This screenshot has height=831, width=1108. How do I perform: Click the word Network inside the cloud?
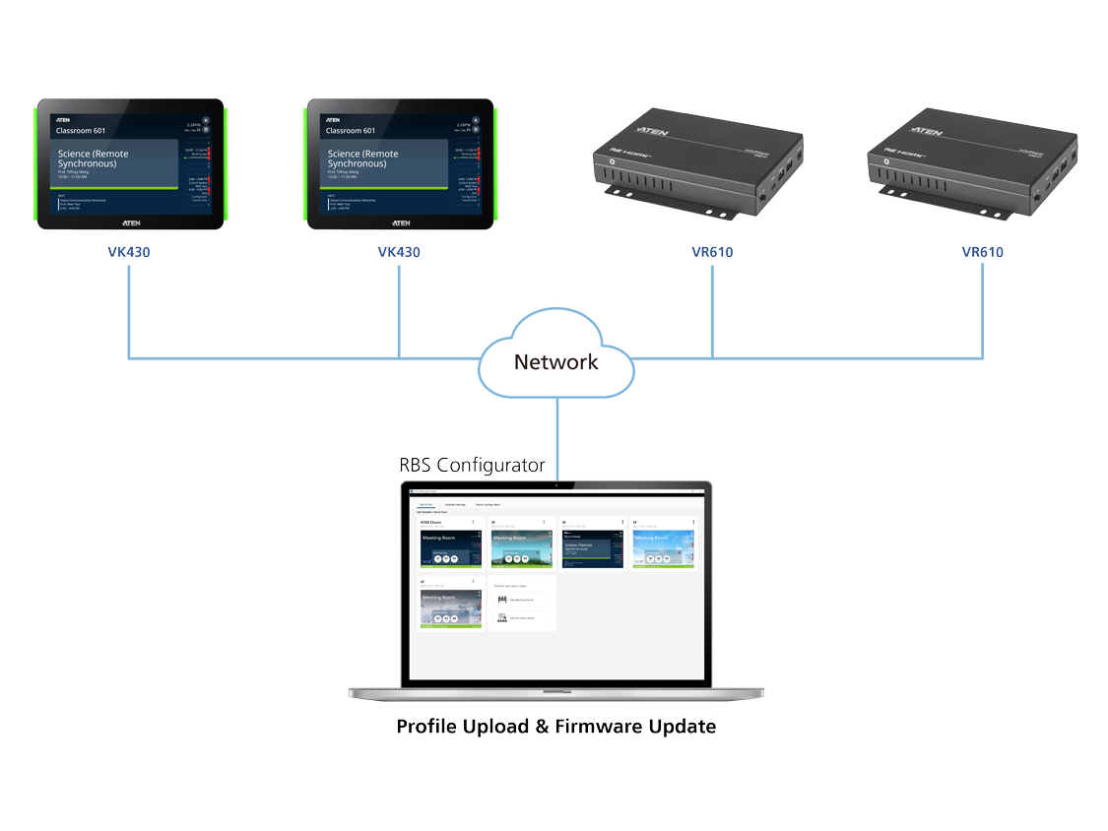[555, 361]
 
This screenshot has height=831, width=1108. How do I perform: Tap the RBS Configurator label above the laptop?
[472, 466]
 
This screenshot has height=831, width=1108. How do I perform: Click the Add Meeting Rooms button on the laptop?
[521, 599]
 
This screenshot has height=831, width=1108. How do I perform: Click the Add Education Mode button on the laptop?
[521, 617]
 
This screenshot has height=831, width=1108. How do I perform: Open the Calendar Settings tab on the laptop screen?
[455, 504]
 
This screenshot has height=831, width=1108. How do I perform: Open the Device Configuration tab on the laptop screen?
[489, 504]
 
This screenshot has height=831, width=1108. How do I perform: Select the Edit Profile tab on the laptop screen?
[425, 504]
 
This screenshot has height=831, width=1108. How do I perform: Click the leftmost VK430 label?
[129, 252]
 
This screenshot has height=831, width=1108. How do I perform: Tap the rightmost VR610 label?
[983, 252]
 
